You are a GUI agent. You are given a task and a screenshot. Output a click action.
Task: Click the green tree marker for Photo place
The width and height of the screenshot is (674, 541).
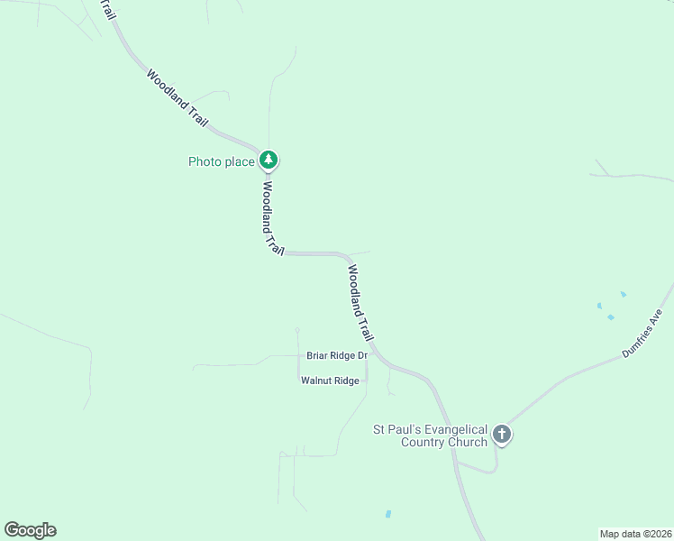click(x=268, y=160)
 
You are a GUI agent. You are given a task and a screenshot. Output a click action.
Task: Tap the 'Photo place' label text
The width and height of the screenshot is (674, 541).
click(x=221, y=162)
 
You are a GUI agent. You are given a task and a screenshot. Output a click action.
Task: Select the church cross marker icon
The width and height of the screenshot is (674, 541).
click(x=502, y=435)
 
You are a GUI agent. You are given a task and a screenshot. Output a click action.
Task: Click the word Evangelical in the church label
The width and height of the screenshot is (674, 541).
click(x=454, y=429)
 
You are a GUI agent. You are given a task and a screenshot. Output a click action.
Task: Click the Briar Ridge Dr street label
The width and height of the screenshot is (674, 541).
click(x=337, y=355)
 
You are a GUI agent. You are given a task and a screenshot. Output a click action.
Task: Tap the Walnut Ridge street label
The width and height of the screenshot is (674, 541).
click(x=330, y=381)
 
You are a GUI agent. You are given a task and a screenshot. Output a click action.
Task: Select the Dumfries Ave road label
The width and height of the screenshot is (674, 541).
click(x=642, y=334)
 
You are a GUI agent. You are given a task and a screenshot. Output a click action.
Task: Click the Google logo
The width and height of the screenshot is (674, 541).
click(x=30, y=530)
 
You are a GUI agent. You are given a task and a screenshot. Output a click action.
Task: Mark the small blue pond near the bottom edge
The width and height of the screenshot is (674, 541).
click(x=388, y=514)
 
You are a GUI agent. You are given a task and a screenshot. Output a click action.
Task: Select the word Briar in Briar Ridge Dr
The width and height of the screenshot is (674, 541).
click(x=318, y=355)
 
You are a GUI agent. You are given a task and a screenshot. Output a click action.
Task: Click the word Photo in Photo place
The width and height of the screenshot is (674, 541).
click(x=203, y=162)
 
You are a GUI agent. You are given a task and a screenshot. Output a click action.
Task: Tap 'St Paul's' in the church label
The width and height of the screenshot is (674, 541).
click(x=396, y=429)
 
